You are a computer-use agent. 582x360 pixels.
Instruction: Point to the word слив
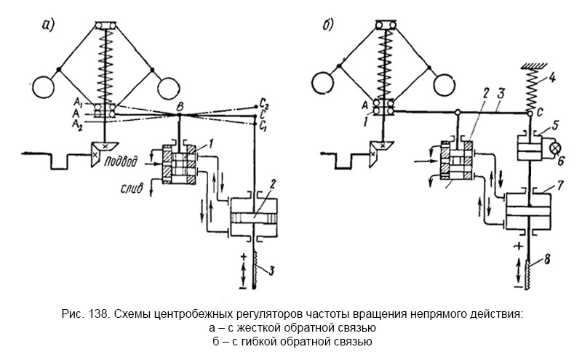[x=136, y=190]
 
